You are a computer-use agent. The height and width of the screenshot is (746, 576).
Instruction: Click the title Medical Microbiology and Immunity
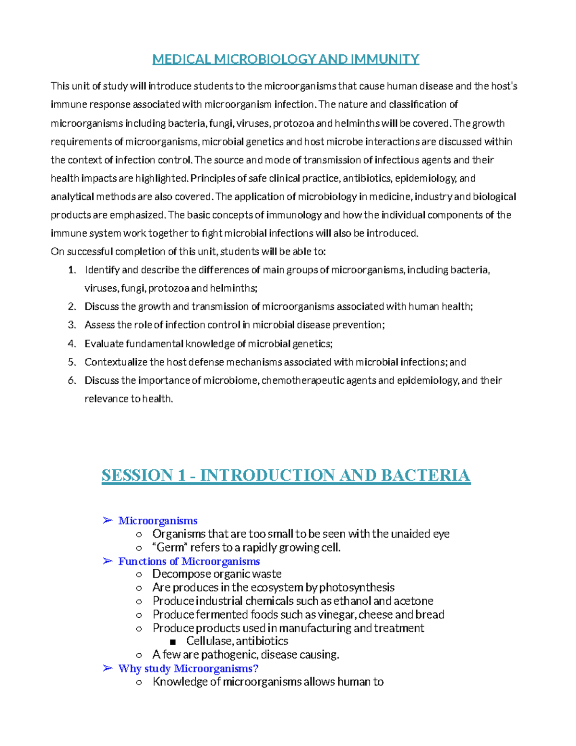pyautogui.click(x=286, y=59)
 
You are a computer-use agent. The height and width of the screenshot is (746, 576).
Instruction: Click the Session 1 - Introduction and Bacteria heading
pyautogui.click(x=286, y=475)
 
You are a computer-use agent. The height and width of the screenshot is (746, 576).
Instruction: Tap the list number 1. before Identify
pyautogui.click(x=72, y=270)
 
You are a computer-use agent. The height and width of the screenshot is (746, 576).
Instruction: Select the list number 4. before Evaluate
pyautogui.click(x=72, y=344)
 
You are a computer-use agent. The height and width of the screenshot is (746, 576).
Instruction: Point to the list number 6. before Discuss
pyautogui.click(x=72, y=380)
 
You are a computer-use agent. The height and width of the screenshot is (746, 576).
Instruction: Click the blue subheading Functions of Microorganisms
pyautogui.click(x=189, y=561)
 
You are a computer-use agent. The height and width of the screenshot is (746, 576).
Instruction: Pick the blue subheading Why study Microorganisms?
pyautogui.click(x=188, y=668)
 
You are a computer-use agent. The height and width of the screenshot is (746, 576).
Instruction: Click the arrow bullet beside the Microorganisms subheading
pyautogui.click(x=108, y=521)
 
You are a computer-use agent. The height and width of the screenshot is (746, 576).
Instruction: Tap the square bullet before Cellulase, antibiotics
pyautogui.click(x=173, y=642)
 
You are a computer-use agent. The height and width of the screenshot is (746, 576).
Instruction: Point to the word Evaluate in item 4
pyautogui.click(x=104, y=344)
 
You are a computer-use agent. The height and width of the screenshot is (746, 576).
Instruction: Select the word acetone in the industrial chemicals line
pyautogui.click(x=413, y=601)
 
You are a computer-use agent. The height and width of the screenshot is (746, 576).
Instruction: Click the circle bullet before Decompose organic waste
pyautogui.click(x=139, y=575)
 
